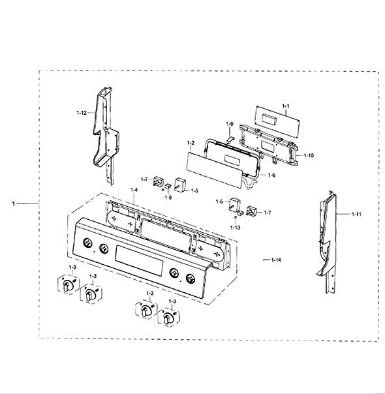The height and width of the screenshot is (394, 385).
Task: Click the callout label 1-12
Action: pos(82,113)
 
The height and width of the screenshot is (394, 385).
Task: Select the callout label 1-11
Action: pos(356,215)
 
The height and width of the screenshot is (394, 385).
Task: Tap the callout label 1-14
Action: pos(276,260)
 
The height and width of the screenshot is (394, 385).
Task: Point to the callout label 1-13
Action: pos(235,228)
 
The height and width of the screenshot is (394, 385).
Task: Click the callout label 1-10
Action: pos(309,155)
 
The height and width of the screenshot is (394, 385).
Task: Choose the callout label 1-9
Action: pos(230,124)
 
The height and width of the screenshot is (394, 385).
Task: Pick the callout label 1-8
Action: pos(168,197)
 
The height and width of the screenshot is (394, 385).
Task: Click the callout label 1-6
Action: pos(271,175)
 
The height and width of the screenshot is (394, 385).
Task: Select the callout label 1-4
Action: pos(134,190)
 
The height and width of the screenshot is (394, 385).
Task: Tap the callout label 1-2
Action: pos(191,143)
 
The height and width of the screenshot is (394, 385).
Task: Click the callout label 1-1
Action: pos(286,106)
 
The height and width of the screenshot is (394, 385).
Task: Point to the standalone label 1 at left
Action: pos(13,204)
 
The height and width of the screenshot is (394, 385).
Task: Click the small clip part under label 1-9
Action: pos(230,139)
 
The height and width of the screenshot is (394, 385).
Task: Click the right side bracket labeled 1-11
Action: pos(327,243)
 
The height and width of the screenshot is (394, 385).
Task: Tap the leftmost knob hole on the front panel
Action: pos(87,243)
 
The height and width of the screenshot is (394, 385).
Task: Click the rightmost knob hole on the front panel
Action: pos(191,279)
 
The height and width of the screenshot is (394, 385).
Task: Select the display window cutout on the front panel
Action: pos(139,261)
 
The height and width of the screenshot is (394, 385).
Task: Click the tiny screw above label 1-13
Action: pos(236,217)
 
